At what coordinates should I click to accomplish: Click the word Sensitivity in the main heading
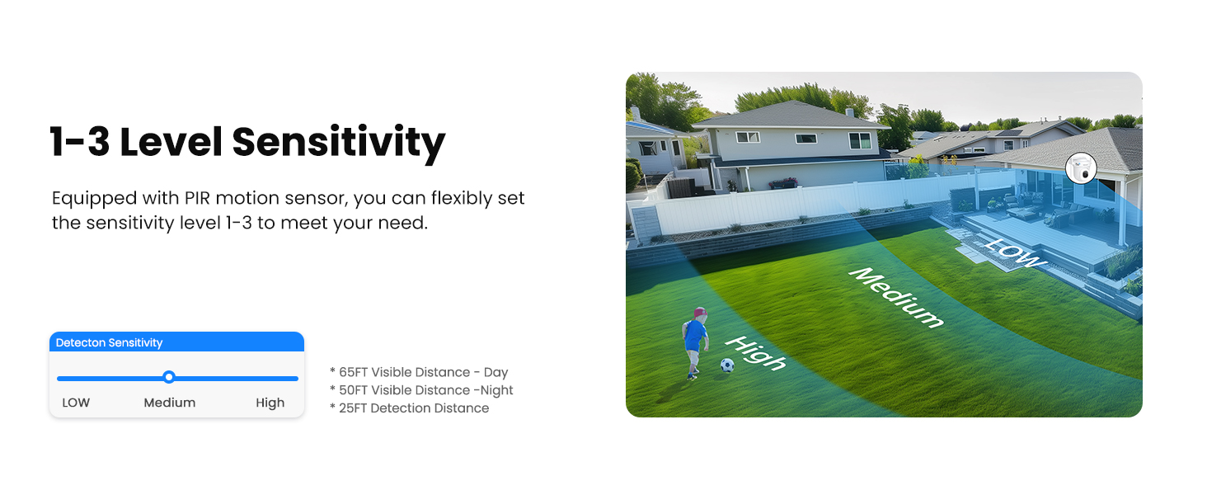click(339, 142)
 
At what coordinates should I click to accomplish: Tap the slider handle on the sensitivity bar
click(169, 377)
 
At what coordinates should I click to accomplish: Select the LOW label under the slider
click(76, 403)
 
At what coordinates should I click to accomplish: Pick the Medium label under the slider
click(170, 403)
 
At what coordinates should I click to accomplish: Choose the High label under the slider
click(270, 403)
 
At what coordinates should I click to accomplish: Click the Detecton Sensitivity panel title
click(109, 342)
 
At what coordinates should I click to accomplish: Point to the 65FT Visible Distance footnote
click(419, 372)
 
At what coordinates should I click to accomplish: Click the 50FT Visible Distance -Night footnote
click(421, 390)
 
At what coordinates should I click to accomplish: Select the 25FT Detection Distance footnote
click(409, 408)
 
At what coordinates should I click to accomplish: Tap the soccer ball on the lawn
click(726, 365)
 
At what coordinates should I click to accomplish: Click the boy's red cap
click(700, 313)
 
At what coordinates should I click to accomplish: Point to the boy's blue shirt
click(696, 335)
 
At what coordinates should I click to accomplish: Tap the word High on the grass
click(755, 354)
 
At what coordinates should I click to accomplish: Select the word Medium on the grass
click(897, 297)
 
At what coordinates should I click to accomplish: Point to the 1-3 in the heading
click(80, 142)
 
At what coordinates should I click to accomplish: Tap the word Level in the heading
click(171, 142)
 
